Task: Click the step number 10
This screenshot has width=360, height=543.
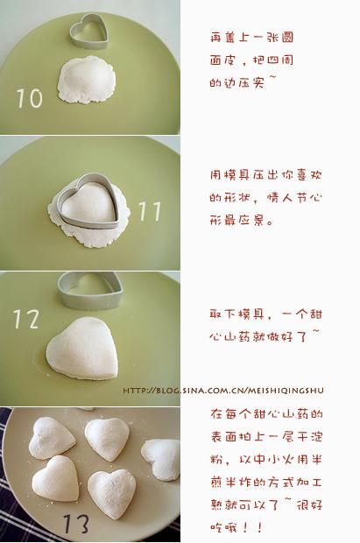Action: [30, 98]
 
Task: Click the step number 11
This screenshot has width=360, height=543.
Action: [150, 211]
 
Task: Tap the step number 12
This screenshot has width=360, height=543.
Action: [26, 319]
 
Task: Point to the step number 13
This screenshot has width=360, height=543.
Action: [76, 523]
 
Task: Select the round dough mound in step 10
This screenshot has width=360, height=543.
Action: [87, 80]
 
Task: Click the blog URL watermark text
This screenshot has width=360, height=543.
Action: [223, 391]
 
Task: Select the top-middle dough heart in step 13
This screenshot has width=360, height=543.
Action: [107, 439]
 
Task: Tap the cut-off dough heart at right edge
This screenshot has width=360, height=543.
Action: [161, 460]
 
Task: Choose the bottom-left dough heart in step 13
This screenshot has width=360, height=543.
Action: [56, 478]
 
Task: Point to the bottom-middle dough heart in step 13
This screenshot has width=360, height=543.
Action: [112, 494]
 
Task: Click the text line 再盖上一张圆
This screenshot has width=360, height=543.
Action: [252, 38]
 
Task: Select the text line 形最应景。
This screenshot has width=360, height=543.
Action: [242, 220]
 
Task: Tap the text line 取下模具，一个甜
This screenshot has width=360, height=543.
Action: [266, 314]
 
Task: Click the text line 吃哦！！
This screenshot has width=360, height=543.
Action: [237, 527]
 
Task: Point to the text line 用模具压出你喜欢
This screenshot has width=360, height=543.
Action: [266, 175]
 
